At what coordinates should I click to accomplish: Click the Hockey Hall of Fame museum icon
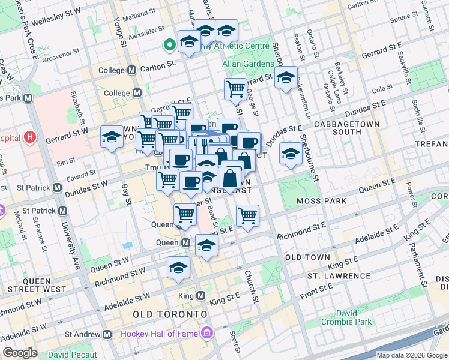click(x=207, y=332)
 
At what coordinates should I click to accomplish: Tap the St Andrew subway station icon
click(x=107, y=334)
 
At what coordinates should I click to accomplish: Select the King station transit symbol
click(x=201, y=296)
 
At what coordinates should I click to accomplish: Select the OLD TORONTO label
click(x=170, y=314)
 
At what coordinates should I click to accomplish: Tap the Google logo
click(x=20, y=353)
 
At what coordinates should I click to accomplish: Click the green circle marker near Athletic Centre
click(x=170, y=43)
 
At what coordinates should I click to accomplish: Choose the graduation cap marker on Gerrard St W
click(x=112, y=137)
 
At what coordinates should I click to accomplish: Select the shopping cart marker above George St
click(x=235, y=89)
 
